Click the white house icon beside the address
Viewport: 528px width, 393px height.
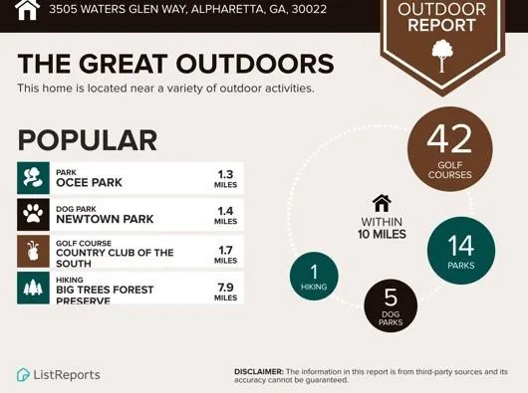coord(27,9)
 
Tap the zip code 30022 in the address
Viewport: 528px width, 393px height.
coord(309,9)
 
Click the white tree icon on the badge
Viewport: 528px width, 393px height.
coord(442,56)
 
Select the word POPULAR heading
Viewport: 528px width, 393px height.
coord(88,140)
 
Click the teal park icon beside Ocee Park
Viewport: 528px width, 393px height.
coord(33,178)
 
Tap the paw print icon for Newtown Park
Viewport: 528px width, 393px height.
coord(33,215)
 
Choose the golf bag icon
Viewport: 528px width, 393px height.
coord(33,251)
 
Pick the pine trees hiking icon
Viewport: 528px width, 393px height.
coord(33,289)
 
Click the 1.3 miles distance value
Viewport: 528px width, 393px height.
coord(225,179)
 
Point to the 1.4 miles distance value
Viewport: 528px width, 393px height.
coord(225,216)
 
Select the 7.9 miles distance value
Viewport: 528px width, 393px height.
coord(225,292)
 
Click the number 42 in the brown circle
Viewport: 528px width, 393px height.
coord(449,139)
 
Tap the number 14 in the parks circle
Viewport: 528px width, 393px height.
coord(460,246)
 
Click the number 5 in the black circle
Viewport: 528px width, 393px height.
coord(391,297)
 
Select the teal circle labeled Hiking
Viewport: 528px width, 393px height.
coord(314,276)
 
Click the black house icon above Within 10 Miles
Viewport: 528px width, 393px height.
coord(382,203)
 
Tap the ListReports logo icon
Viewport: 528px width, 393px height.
coord(24,374)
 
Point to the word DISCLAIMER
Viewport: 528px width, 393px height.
coord(259,372)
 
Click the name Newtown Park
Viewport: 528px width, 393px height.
coord(105,219)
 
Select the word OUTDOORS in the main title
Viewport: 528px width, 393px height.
coord(255,64)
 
